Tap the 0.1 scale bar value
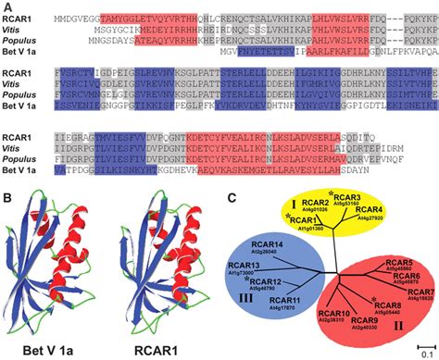422,353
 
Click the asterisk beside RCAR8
372,298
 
